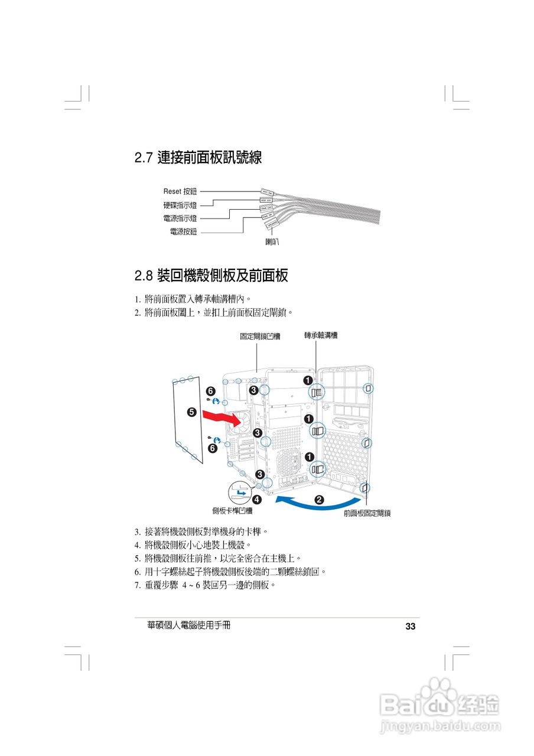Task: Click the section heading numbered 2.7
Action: (x=198, y=158)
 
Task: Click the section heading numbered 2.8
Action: (x=211, y=275)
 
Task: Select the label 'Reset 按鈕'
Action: (x=180, y=191)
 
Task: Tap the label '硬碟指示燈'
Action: (x=180, y=205)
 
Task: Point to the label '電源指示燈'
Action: (x=180, y=219)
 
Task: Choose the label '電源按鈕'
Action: (x=183, y=232)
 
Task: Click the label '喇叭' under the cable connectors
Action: (x=272, y=242)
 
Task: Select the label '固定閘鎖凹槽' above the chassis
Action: (x=260, y=337)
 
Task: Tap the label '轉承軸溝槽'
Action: (x=321, y=335)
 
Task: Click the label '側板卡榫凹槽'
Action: (x=232, y=511)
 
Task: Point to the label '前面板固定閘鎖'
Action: (x=367, y=514)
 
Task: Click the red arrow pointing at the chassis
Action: (x=222, y=418)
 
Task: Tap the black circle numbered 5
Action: (x=191, y=412)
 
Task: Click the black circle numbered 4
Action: (x=258, y=498)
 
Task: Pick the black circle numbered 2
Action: (x=320, y=500)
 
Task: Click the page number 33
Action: (x=411, y=627)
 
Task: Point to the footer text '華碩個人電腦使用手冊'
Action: (x=189, y=625)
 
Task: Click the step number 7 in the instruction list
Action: (x=137, y=585)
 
